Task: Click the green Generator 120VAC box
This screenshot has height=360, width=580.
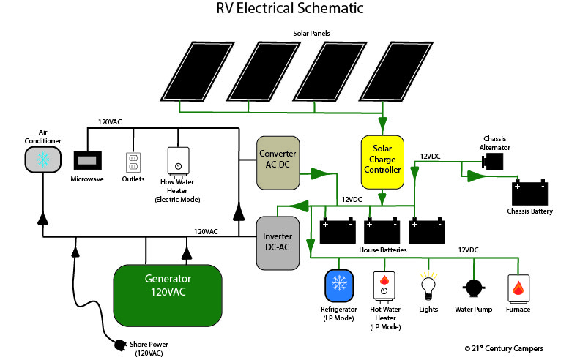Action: (168, 296)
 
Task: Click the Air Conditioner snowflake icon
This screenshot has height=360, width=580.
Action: (42, 160)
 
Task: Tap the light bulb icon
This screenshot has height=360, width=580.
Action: (428, 285)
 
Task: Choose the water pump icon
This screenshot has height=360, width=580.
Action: (473, 288)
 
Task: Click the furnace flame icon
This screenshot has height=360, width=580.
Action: (518, 288)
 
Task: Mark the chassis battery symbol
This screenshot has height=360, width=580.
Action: (529, 192)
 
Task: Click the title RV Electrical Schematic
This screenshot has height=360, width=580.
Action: (290, 10)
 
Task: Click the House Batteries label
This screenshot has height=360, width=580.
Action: (384, 250)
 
